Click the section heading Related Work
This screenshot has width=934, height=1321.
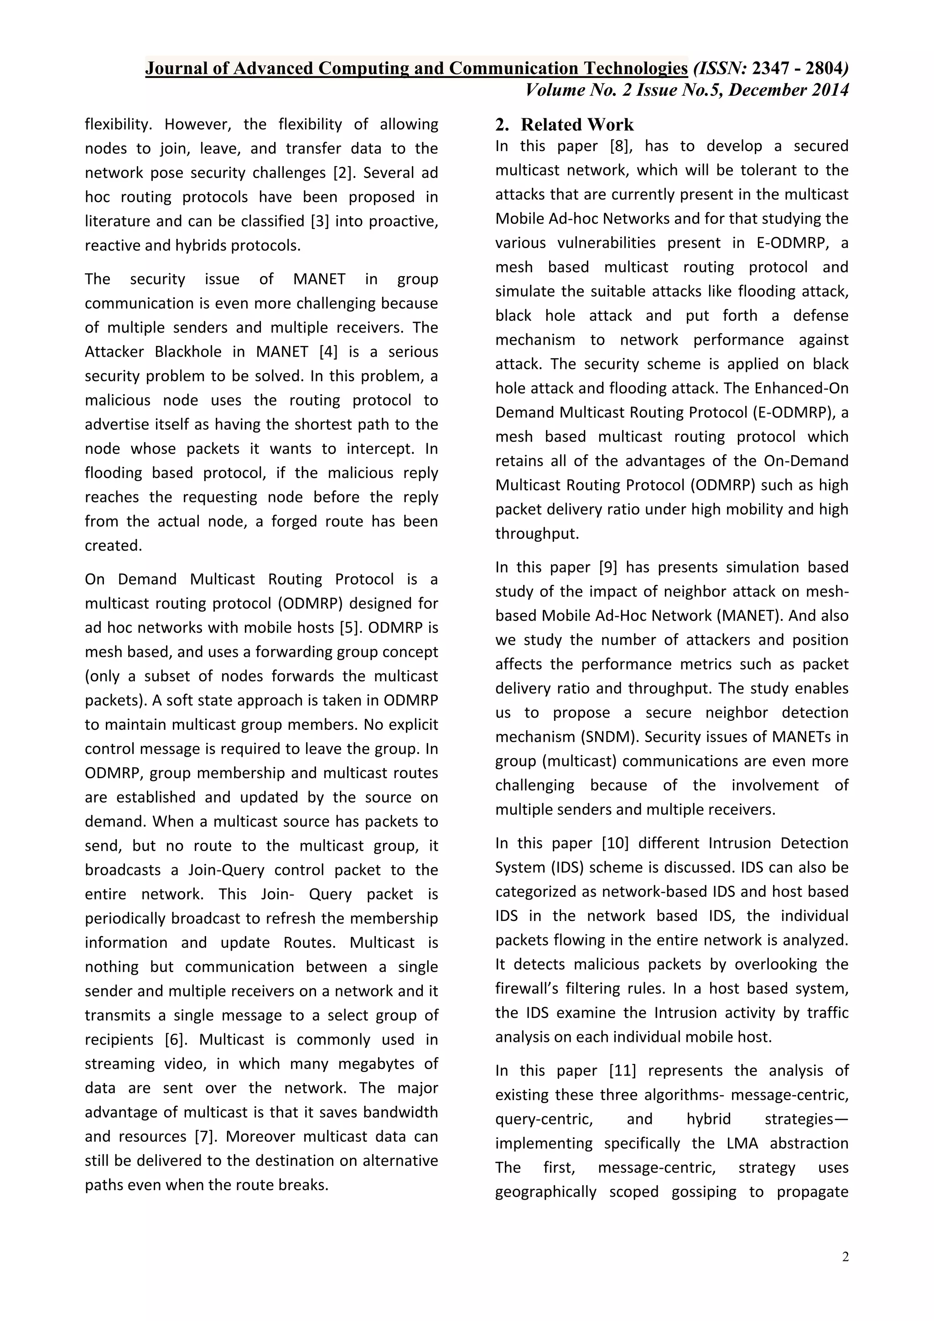point(577,125)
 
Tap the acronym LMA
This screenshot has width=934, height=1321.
point(742,1143)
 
